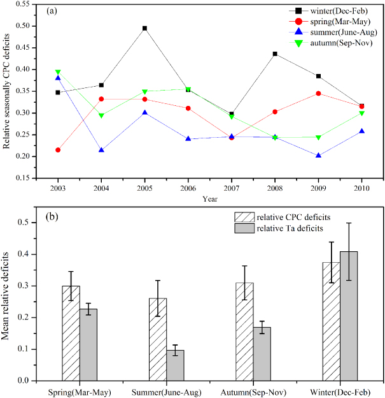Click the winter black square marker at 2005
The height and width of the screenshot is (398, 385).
pyautogui.click(x=145, y=28)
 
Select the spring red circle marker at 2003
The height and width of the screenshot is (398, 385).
pyautogui.click(x=58, y=150)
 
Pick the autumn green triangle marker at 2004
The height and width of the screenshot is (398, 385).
pyautogui.click(x=101, y=115)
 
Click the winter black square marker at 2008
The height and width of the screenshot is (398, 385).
pyautogui.click(x=276, y=54)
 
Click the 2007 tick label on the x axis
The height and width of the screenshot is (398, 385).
pyautogui.click(x=232, y=189)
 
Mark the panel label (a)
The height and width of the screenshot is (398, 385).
pyautogui.click(x=54, y=11)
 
